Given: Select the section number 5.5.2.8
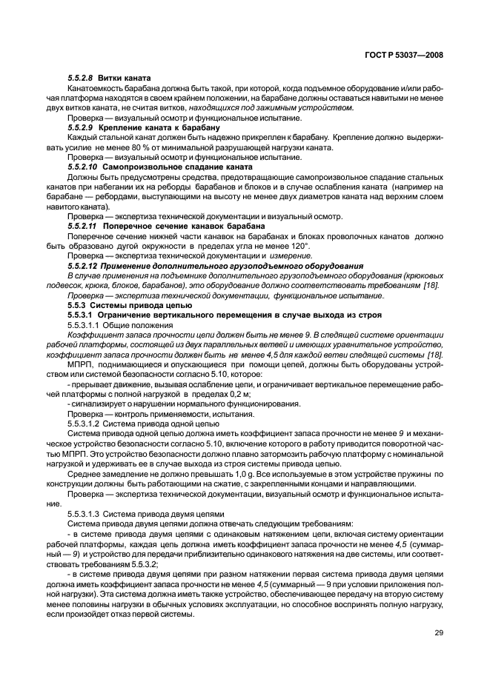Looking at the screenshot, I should click(80, 78).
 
